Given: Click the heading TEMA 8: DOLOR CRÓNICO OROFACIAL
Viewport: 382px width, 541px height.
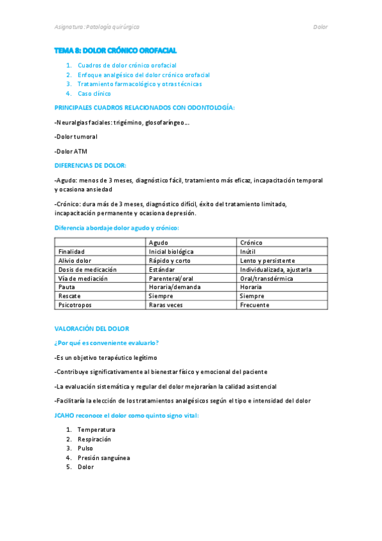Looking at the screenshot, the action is (x=115, y=50).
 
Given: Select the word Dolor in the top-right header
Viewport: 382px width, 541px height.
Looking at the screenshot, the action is (x=320, y=27).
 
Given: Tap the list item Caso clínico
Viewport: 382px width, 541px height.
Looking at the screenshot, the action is (x=94, y=93).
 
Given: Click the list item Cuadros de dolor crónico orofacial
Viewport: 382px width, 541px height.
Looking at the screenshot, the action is (x=127, y=65).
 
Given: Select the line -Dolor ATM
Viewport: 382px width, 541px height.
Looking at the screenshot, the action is (x=71, y=151).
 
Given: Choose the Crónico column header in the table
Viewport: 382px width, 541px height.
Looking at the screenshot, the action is (x=251, y=242).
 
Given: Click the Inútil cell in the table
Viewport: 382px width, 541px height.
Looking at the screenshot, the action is (x=249, y=251).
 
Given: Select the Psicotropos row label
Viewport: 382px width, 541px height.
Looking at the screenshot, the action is (x=75, y=305).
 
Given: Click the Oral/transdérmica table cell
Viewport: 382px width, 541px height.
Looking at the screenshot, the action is (x=267, y=278).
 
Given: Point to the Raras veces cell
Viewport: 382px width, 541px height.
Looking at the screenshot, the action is (x=165, y=305).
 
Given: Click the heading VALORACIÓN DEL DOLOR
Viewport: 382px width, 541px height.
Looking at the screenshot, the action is (x=92, y=329).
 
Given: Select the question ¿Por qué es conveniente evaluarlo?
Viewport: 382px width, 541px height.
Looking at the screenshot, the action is (x=107, y=343).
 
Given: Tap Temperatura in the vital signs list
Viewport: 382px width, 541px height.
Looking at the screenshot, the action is (x=96, y=429).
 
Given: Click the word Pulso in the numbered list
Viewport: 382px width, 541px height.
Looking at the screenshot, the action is (x=85, y=448).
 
